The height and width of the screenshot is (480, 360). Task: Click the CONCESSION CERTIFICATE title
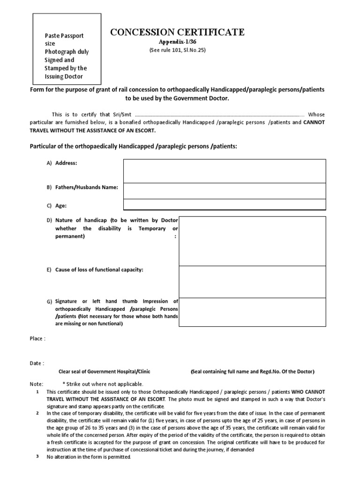pos(177,32)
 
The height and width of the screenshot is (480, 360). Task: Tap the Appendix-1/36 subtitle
pos(177,42)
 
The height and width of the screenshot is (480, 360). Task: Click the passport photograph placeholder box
pos(66,48)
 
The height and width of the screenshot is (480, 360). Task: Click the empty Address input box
pos(224,171)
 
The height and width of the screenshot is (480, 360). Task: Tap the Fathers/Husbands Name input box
pos(224,190)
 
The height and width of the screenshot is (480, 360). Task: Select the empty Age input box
pos(224,204)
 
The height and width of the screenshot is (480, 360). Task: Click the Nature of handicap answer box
pos(252,240)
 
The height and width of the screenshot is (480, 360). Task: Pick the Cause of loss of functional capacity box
pos(252,281)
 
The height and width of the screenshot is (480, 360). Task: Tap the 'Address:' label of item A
pos(66,163)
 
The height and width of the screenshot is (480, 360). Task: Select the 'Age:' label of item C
pos(61,205)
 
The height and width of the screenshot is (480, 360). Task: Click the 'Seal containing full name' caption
pos(252,371)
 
